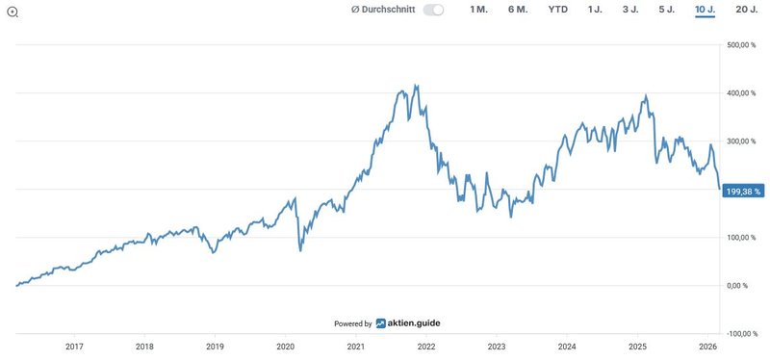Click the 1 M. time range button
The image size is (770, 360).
(x=478, y=10)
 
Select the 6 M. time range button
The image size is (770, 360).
(x=517, y=10)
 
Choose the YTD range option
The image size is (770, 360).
(x=558, y=10)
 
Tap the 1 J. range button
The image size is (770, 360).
(x=596, y=10)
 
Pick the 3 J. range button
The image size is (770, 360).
(x=630, y=10)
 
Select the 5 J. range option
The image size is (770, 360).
(x=667, y=10)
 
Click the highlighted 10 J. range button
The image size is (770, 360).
(x=705, y=10)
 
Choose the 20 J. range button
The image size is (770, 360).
(x=746, y=10)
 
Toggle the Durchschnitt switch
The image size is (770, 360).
(x=433, y=10)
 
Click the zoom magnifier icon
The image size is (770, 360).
(x=11, y=12)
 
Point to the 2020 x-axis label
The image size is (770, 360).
(x=285, y=347)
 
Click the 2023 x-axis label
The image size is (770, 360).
(x=497, y=347)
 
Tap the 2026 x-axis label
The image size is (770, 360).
(x=707, y=347)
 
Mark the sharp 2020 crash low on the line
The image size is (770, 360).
(x=300, y=250)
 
